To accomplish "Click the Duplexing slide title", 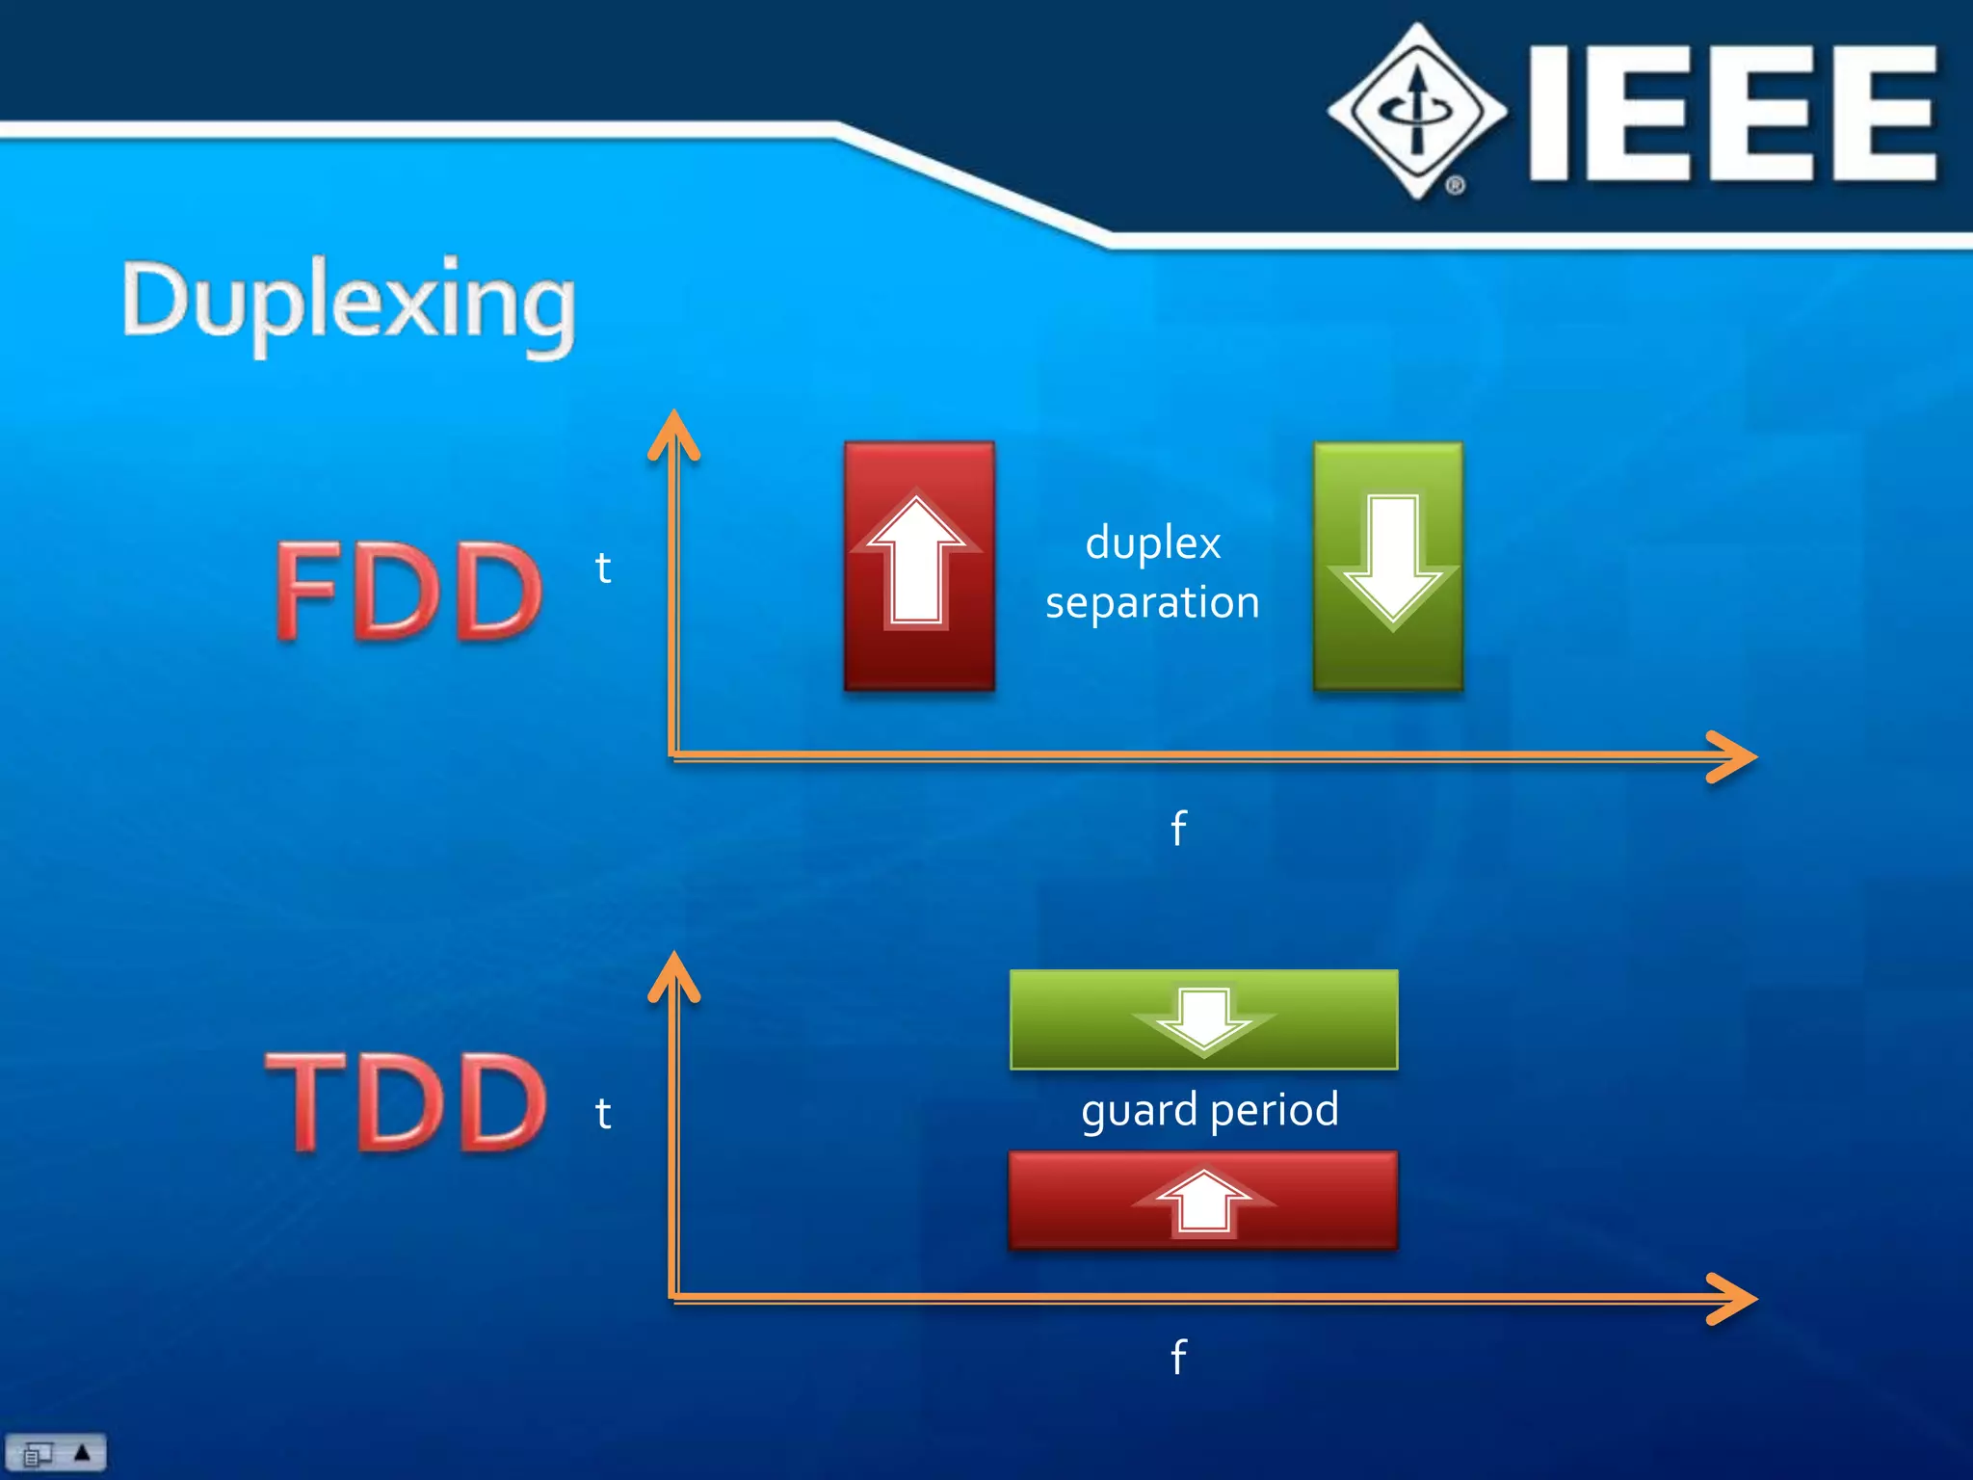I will (x=349, y=304).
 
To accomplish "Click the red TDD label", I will (x=408, y=1102).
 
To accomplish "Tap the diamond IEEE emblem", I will (x=1417, y=111).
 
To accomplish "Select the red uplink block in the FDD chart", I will (x=919, y=567).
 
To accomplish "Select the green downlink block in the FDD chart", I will (x=1388, y=567).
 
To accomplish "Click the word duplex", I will (x=1153, y=542).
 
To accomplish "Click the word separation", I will (x=1152, y=603).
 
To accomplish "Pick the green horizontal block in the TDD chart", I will (x=1203, y=1019).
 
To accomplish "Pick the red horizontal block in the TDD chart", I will (x=1203, y=1201).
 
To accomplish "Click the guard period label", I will (x=1209, y=1110).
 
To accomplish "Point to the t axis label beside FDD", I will (x=603, y=568).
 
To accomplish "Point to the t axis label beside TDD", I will (x=603, y=1114).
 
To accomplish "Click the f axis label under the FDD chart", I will (x=1178, y=828).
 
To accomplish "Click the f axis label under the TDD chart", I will (x=1178, y=1357).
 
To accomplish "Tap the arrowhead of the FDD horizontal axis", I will (x=1734, y=756).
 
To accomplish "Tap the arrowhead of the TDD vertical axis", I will (x=673, y=973).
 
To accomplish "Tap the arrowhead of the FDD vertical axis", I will (x=673, y=432).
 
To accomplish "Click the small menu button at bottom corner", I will (x=56, y=1452).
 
